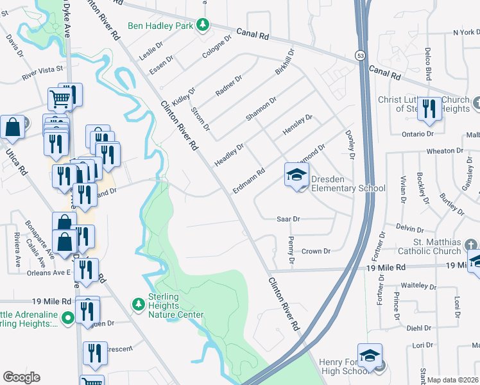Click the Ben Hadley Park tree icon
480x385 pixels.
[x=203, y=25]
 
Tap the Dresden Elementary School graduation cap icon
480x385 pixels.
[x=296, y=175]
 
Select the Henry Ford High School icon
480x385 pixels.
[x=370, y=357]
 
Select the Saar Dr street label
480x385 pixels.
[x=288, y=219]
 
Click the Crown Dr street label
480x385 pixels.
[x=315, y=252]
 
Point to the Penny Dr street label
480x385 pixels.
[x=291, y=252]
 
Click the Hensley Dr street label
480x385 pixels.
[x=297, y=126]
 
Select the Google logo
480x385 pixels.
[x=22, y=377]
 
